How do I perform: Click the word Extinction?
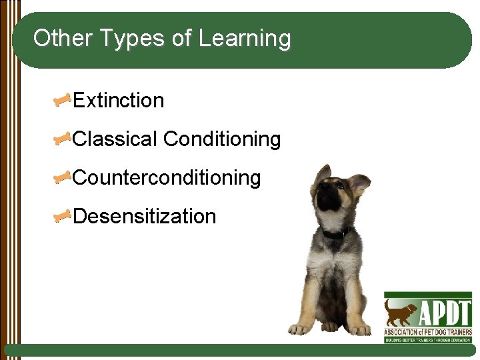tap(118, 101)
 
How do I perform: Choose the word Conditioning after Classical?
tap(222, 139)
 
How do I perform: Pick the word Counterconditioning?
tap(167, 178)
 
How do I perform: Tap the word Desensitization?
tap(145, 217)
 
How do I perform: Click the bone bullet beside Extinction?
tap(63, 101)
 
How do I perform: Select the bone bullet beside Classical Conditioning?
tap(63, 139)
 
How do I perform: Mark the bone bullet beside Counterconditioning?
tap(63, 178)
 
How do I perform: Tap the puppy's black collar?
tap(337, 233)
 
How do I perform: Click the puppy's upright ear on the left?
tap(323, 175)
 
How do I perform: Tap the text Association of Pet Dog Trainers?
tap(427, 331)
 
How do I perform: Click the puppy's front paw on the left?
tap(299, 328)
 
